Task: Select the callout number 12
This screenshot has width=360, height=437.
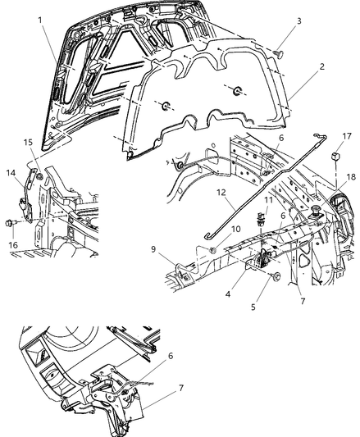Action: [x=198, y=193]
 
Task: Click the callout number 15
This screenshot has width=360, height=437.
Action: [x=29, y=142]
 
